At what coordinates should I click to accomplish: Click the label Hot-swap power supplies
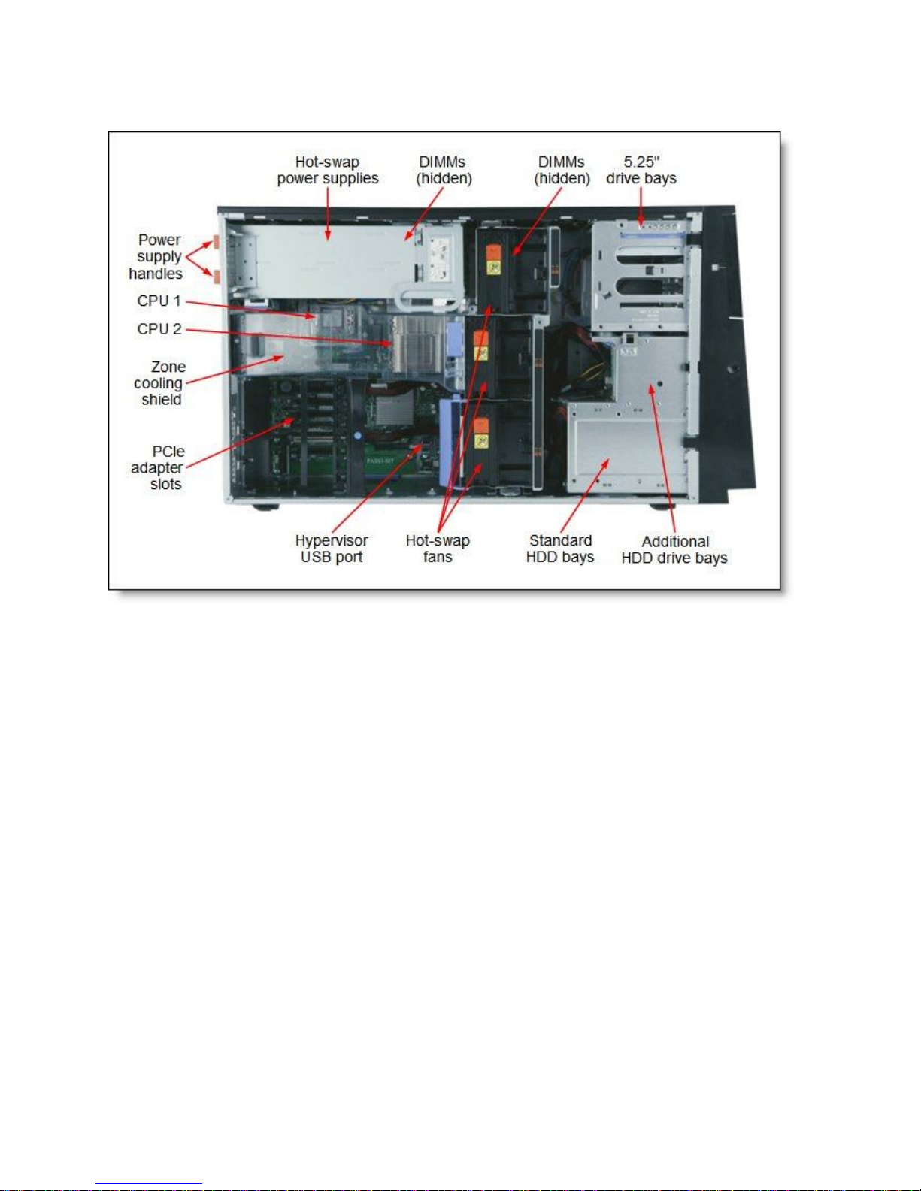[x=327, y=170]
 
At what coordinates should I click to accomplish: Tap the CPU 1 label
[x=159, y=301]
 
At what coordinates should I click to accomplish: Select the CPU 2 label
[x=159, y=329]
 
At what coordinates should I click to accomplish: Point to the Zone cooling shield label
[x=159, y=383]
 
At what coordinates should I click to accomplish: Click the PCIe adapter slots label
[x=157, y=467]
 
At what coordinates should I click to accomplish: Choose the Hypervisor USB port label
[x=332, y=549]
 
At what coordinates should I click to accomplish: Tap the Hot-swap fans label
[x=438, y=549]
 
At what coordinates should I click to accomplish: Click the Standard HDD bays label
[x=560, y=549]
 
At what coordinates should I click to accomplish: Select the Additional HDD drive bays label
[x=674, y=549]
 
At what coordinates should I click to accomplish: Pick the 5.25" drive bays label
[x=641, y=170]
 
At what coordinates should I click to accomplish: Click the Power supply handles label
[x=156, y=256]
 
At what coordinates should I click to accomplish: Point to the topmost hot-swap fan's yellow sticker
[x=493, y=264]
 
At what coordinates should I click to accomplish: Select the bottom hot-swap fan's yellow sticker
[x=481, y=437]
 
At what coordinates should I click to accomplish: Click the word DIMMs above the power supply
[x=442, y=162]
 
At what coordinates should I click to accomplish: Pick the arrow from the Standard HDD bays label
[x=583, y=496]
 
